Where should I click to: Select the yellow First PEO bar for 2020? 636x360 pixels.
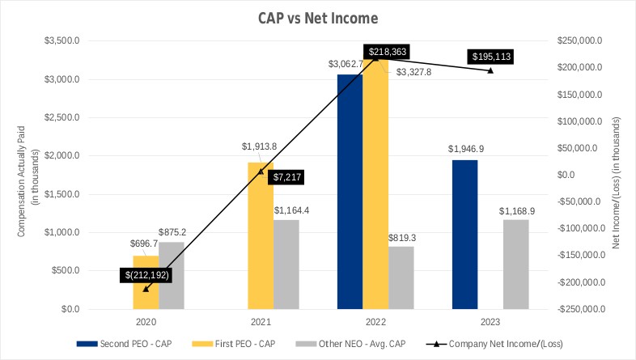click(x=146, y=282)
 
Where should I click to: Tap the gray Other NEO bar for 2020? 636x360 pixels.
click(x=172, y=275)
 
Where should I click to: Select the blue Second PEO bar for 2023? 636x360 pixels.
click(x=464, y=234)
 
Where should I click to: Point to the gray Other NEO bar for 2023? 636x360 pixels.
click(x=515, y=264)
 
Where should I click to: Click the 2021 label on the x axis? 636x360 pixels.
click(x=261, y=320)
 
